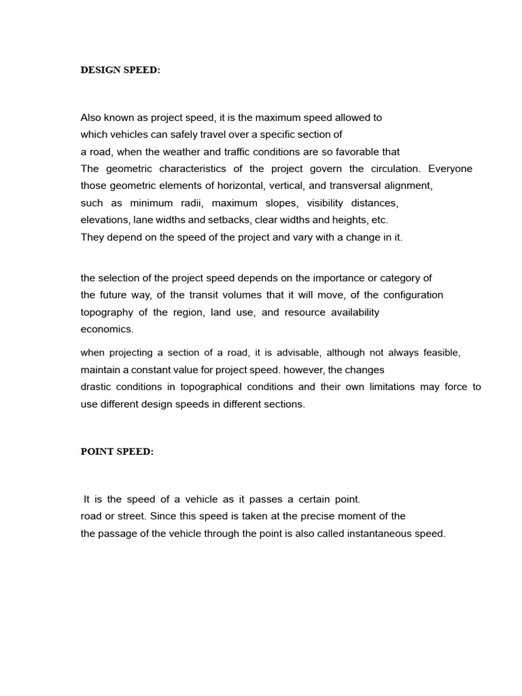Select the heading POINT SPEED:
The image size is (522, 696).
click(x=117, y=452)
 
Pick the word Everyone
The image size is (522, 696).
click(x=450, y=169)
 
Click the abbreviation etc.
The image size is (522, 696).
click(x=379, y=220)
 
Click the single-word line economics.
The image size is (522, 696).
click(x=107, y=329)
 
